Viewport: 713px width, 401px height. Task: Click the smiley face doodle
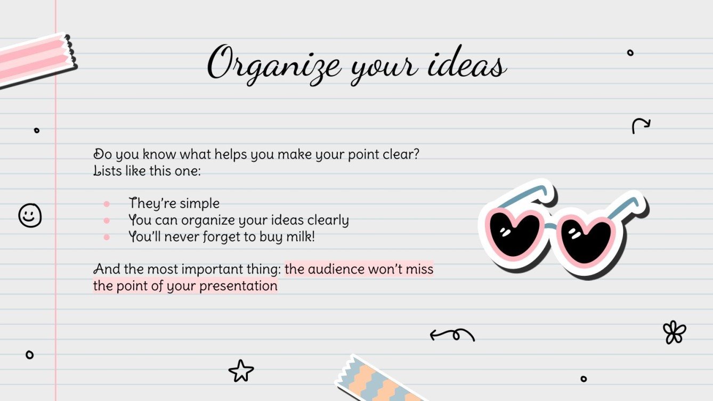(x=30, y=216)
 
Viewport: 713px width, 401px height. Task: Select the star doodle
(x=241, y=371)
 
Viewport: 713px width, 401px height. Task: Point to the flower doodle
(x=674, y=332)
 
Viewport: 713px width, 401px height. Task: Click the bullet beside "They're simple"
(x=107, y=203)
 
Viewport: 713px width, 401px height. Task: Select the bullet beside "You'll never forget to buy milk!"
(x=107, y=237)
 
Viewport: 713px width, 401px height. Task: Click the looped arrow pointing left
(x=452, y=334)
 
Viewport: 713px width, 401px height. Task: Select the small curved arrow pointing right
(x=641, y=126)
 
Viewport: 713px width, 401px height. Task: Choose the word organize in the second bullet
(x=207, y=220)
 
